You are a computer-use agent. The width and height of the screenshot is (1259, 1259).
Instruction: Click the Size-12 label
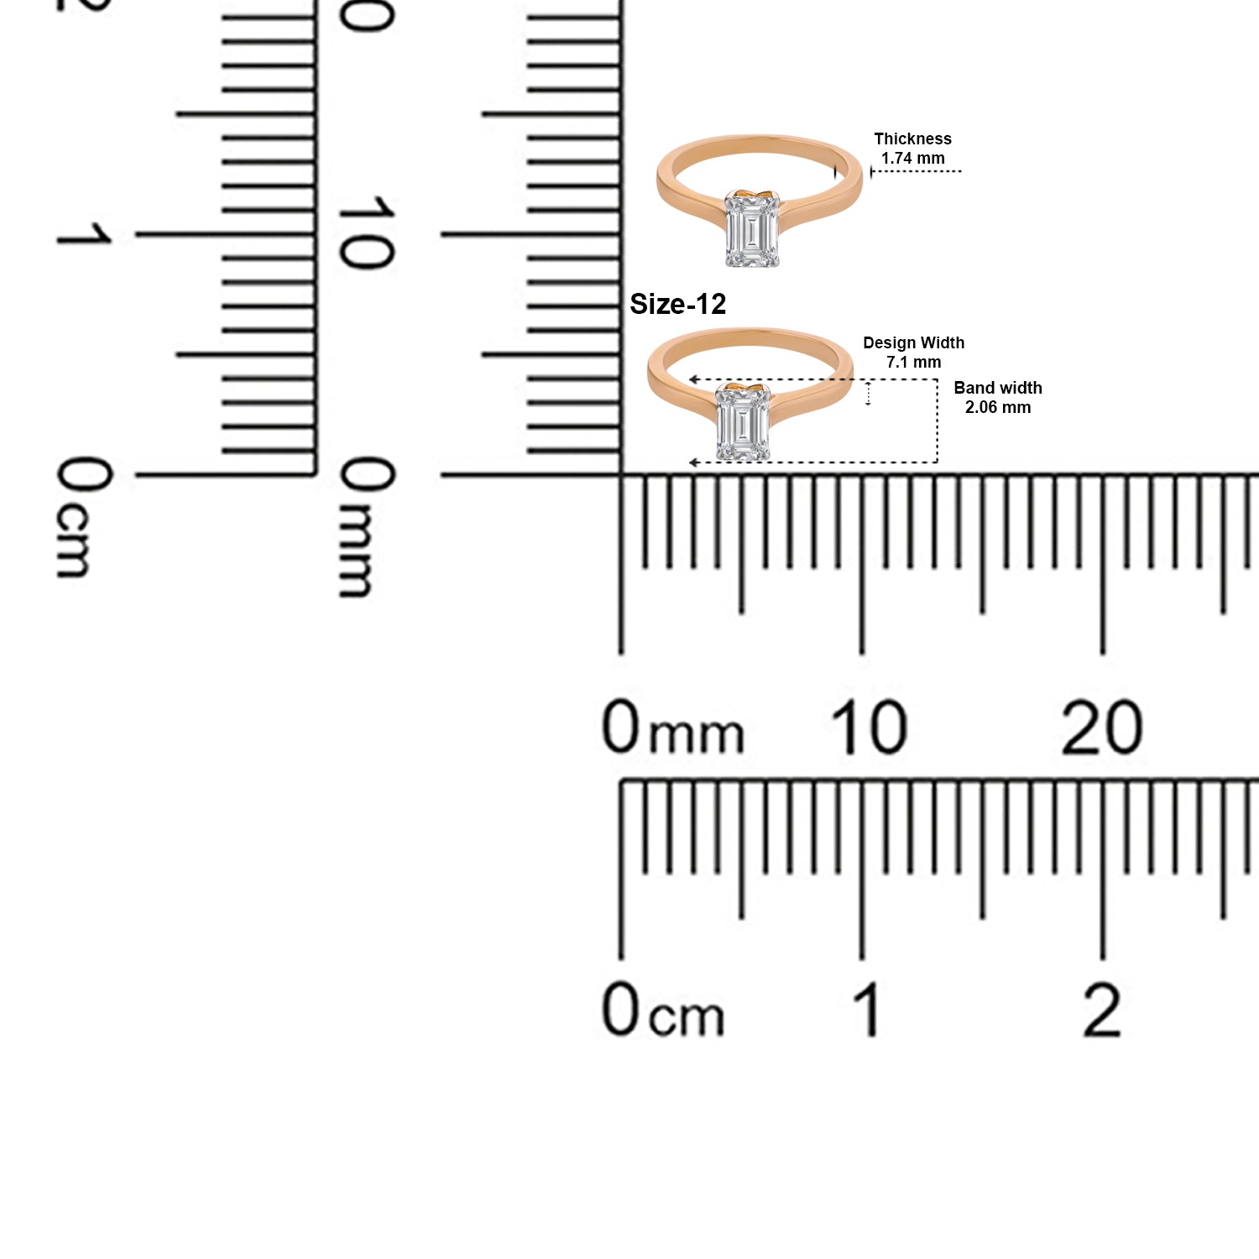click(677, 304)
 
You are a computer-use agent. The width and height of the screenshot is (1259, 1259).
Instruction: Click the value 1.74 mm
click(912, 158)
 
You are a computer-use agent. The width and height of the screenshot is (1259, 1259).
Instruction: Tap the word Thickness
click(912, 138)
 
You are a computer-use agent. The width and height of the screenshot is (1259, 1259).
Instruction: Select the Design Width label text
click(913, 342)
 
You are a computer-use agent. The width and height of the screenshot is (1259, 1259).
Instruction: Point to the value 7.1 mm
click(913, 362)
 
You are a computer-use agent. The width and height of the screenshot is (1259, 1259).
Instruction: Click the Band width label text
click(998, 388)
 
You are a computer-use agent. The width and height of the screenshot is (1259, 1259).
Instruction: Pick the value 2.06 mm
click(998, 407)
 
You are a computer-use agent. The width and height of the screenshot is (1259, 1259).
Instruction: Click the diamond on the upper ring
click(752, 230)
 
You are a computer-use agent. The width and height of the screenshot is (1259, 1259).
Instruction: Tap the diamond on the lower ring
click(744, 422)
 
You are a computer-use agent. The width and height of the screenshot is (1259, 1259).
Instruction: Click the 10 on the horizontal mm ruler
click(869, 727)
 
